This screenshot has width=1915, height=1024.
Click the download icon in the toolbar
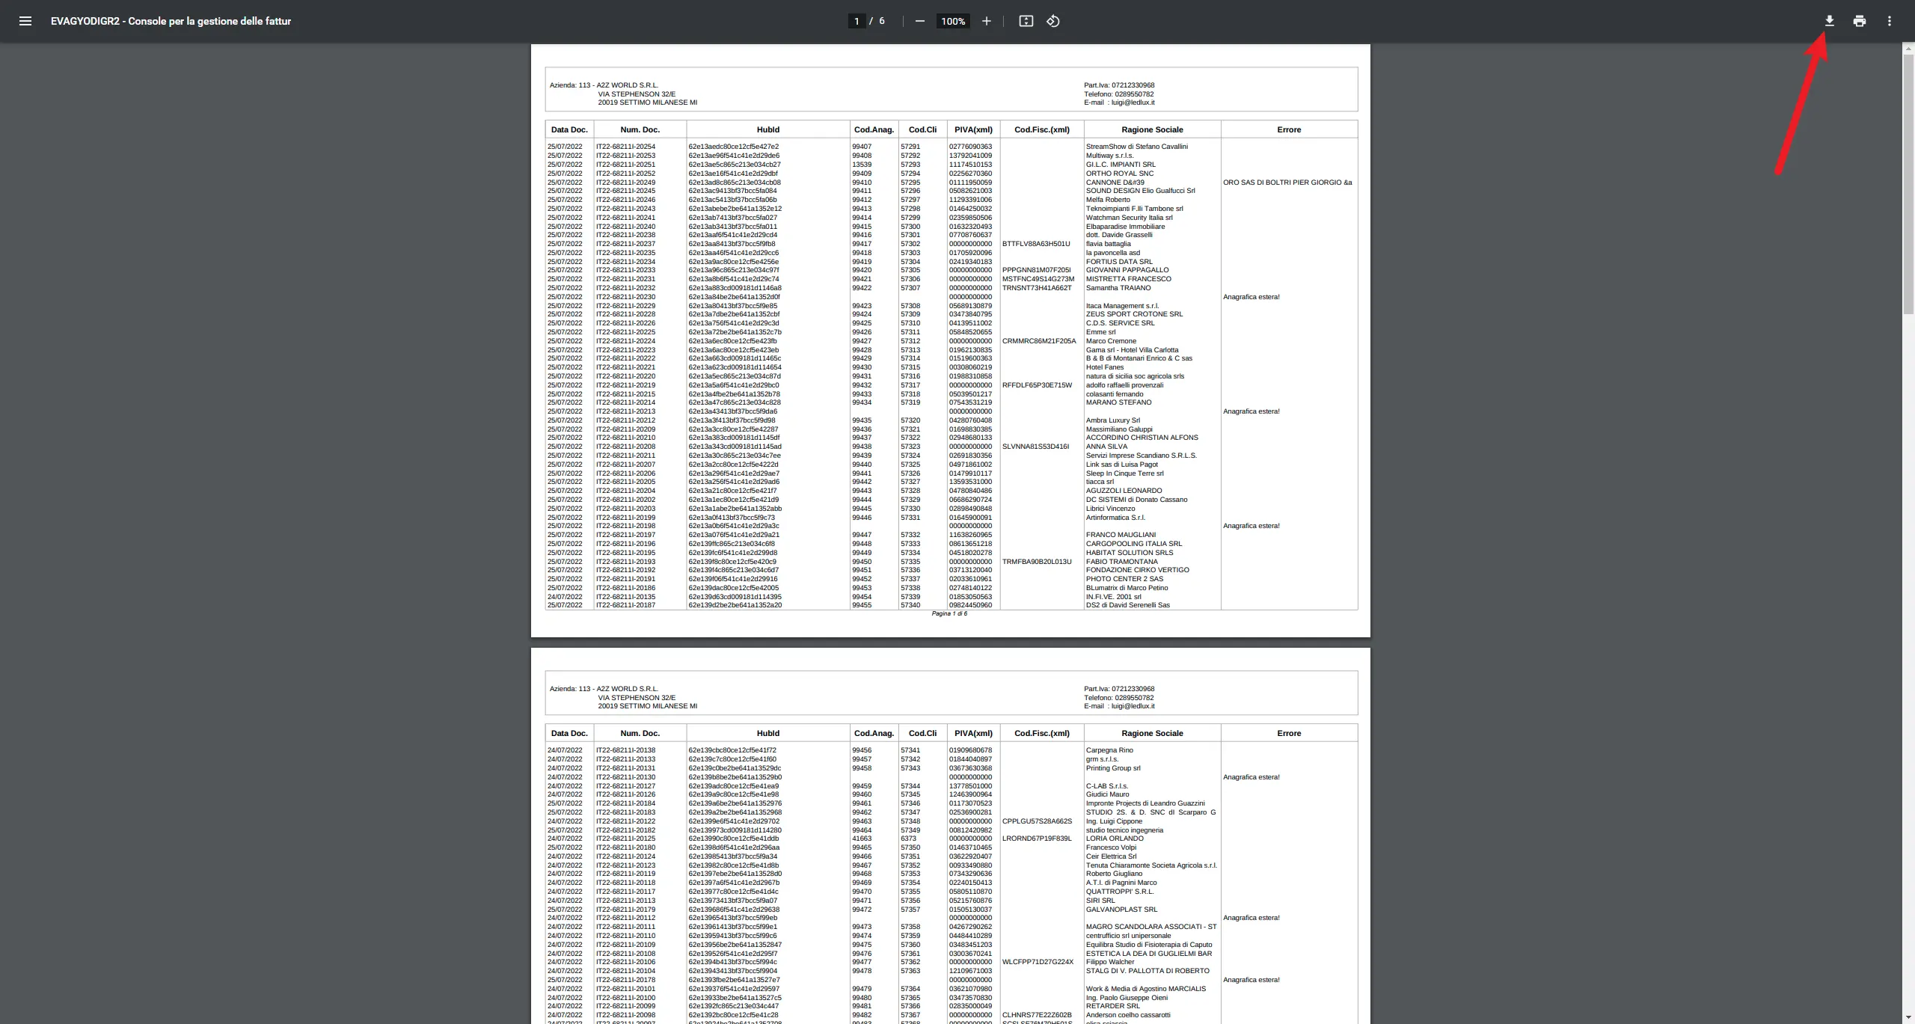(x=1829, y=21)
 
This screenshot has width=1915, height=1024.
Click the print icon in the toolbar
(x=1859, y=21)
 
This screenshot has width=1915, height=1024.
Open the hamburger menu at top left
(x=25, y=21)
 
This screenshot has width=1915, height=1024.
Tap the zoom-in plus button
(x=987, y=21)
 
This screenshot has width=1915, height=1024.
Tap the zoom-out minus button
(x=920, y=21)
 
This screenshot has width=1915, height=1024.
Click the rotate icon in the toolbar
(x=1053, y=21)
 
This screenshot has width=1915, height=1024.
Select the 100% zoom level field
(x=953, y=22)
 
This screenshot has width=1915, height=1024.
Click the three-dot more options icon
(x=1890, y=21)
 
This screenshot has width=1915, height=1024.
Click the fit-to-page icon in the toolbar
(x=1026, y=21)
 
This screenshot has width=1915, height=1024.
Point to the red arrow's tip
(x=1822, y=42)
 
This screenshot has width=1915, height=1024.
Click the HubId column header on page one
(x=767, y=129)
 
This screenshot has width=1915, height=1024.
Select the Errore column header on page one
(x=1289, y=129)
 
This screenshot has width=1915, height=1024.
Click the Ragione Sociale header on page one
(x=1152, y=129)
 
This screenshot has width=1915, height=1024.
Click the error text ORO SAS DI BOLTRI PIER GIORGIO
(x=1287, y=183)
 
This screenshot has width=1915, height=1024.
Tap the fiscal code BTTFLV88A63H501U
(x=1036, y=244)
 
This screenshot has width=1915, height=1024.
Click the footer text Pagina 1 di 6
(x=949, y=613)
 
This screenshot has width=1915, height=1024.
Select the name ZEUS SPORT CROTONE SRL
(x=1134, y=314)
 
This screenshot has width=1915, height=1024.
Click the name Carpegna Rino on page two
(x=1109, y=750)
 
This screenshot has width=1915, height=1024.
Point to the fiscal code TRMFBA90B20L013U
(x=1037, y=562)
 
